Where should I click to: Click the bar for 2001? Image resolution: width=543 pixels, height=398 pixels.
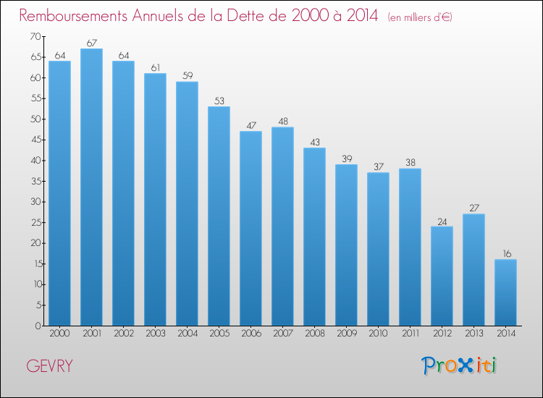(91, 187)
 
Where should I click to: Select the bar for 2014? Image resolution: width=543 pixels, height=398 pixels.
(505, 292)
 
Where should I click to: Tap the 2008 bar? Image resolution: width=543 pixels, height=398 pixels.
(314, 237)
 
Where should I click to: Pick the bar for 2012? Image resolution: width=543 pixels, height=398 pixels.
(442, 276)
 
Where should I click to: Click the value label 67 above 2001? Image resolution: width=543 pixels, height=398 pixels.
(92, 43)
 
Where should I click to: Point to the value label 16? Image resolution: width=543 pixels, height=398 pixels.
(507, 254)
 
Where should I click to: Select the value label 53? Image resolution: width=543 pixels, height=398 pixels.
(219, 101)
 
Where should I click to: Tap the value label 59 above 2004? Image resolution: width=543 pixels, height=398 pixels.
(188, 75)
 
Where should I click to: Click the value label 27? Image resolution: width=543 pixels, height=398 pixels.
(474, 208)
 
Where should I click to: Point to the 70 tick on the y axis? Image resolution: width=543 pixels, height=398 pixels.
(35, 36)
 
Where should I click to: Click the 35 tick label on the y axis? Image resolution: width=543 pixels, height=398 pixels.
(36, 181)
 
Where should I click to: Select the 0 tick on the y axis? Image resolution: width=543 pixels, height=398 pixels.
(38, 326)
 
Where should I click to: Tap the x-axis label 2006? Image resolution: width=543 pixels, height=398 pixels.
(251, 334)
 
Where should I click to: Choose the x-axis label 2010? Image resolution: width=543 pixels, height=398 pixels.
(378, 334)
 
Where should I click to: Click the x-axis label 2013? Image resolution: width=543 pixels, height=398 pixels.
(474, 334)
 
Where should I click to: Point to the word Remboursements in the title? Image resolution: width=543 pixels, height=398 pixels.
(73, 16)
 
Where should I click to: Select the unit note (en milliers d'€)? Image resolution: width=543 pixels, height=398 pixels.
(420, 17)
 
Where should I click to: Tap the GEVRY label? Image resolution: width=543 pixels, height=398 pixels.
(49, 366)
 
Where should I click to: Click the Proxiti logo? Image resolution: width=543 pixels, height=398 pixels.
(459, 365)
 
